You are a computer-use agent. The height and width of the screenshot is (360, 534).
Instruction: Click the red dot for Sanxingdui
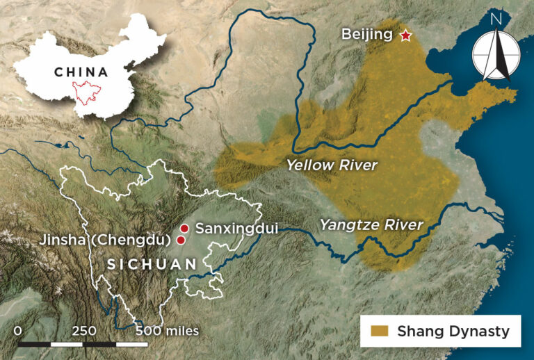pyautogui.click(x=184, y=228)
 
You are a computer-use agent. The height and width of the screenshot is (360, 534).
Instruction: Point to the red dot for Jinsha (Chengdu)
pyautogui.click(x=181, y=240)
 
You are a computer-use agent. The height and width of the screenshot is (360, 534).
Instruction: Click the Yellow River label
pyautogui.click(x=332, y=165)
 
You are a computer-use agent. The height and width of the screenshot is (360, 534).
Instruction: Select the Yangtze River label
pyautogui.click(x=371, y=224)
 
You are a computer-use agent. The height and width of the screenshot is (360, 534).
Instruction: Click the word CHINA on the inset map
pyautogui.click(x=81, y=72)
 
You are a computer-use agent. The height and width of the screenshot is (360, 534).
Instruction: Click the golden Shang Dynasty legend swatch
pyautogui.click(x=380, y=332)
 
